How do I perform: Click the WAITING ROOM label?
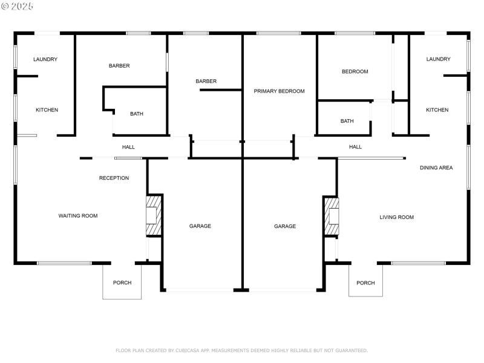77,216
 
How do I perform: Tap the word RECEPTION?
114,178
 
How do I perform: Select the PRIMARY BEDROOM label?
279,91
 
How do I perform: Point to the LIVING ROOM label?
396,217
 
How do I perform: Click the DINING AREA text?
436,168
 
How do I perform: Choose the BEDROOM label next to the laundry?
355,71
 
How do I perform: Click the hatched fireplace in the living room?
332,216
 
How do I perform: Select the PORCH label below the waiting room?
122,283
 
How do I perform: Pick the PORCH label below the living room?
365,283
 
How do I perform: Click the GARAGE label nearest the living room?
285,226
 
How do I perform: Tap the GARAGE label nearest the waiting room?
200,226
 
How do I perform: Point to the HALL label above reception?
128,147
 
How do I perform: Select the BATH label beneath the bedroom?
347,121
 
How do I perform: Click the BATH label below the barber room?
137,114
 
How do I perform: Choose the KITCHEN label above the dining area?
437,110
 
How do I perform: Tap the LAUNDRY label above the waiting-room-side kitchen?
45,59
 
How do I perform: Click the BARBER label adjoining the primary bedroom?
206,81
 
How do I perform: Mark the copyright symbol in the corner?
5,6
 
